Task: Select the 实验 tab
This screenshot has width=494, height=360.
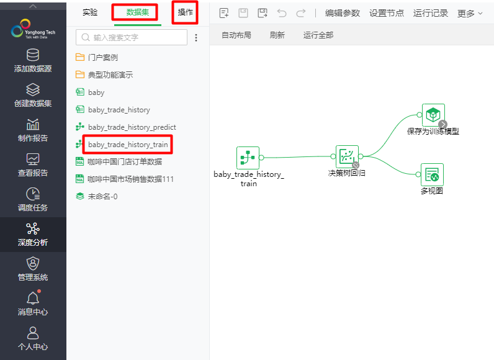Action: pos(90,12)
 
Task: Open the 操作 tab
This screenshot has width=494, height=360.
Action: pos(185,12)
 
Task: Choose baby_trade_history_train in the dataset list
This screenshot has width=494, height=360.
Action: pos(127,145)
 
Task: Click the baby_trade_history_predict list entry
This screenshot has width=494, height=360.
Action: pos(132,127)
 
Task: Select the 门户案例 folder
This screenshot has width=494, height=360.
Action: pos(102,58)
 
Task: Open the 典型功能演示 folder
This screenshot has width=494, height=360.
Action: pos(110,75)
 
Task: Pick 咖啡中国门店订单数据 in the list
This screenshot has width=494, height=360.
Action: pos(124,162)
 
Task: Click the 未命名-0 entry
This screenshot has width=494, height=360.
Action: pos(102,196)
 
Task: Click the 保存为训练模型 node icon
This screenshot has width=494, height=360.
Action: pos(433,115)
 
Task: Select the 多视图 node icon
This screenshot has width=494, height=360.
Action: pos(432,175)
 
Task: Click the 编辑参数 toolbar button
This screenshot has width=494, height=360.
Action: pos(342,13)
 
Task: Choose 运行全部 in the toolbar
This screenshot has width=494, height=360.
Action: pos(318,35)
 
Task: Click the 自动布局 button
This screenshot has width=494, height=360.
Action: pos(236,35)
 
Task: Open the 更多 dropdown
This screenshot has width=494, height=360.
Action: pos(470,13)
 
